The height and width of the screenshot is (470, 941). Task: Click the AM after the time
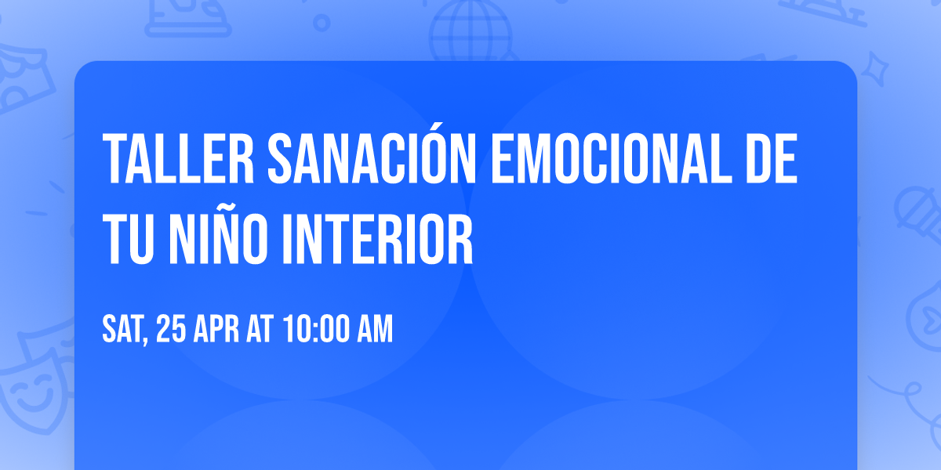coord(374,330)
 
